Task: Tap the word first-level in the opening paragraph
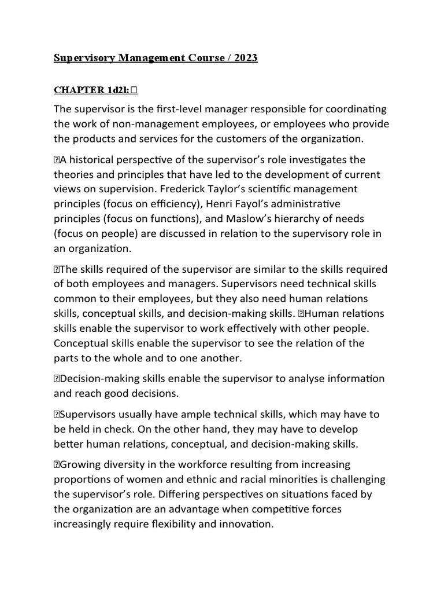[203, 109]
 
